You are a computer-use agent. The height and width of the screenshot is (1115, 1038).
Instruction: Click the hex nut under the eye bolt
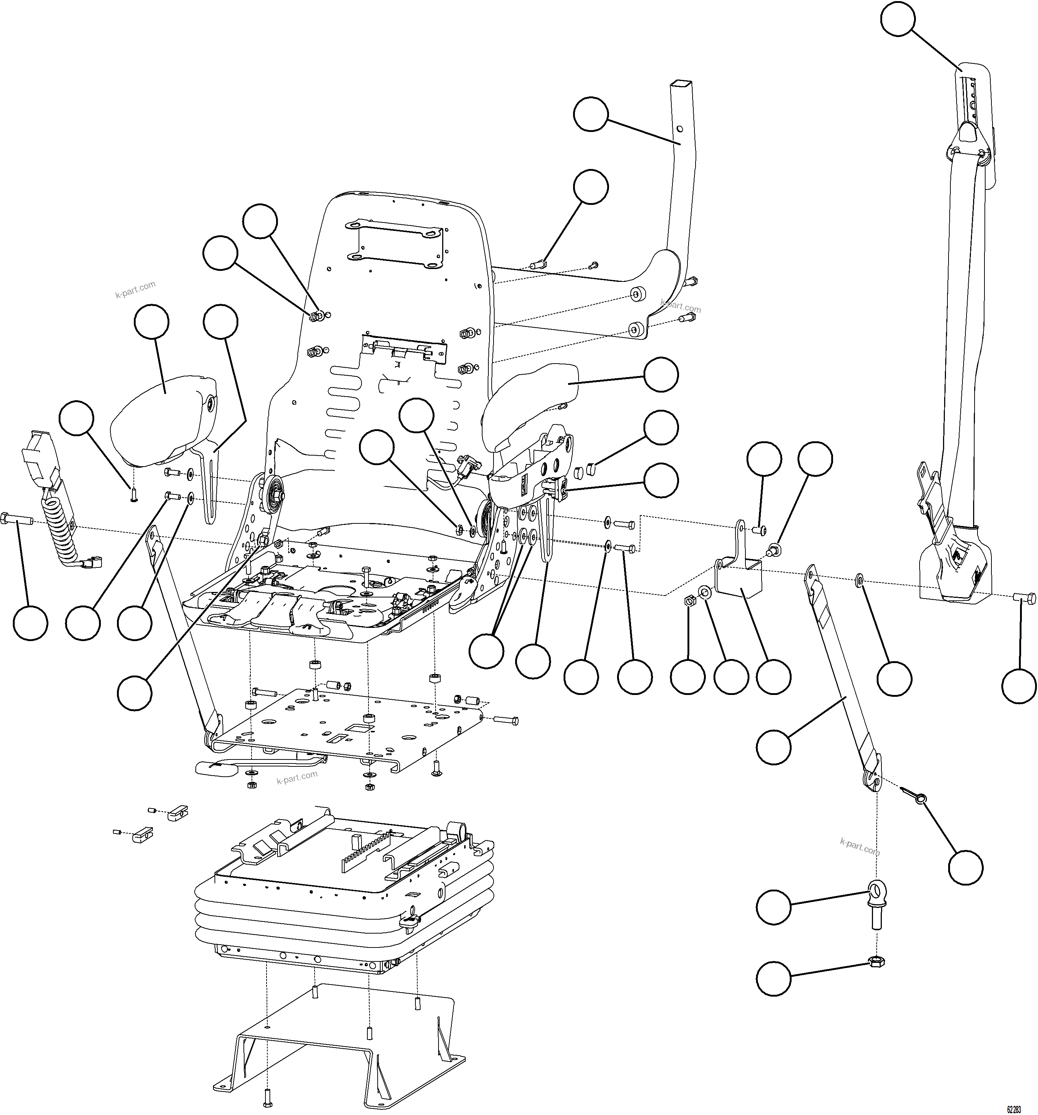tap(877, 962)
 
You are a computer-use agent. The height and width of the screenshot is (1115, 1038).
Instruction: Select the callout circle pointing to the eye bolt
tap(773, 907)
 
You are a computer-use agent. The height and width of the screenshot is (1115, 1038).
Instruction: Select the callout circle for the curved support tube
tap(590, 114)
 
